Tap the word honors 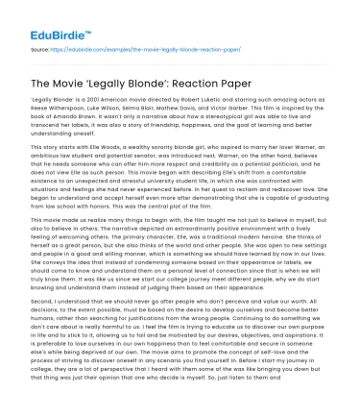[x=107, y=196]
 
